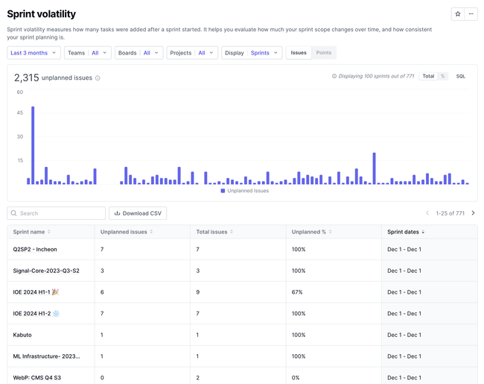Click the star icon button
point(458,14)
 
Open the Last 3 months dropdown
point(34,53)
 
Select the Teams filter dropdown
point(87,53)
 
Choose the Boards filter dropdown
point(138,53)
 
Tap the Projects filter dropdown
point(192,53)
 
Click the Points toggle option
point(323,53)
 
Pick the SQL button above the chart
point(460,76)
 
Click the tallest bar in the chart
point(33,145)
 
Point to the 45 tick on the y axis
point(20,113)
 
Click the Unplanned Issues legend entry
point(245,191)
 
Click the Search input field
point(56,213)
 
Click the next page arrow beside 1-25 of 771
point(473,213)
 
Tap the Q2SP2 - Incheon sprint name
point(35,249)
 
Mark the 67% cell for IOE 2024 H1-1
point(297,292)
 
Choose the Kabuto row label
point(22,335)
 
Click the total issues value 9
point(198,292)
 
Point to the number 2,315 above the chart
point(27,78)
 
